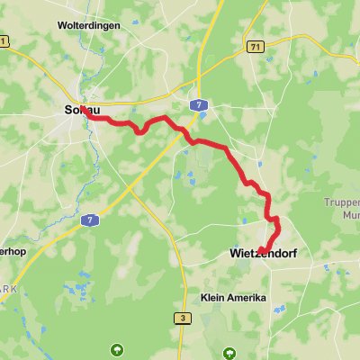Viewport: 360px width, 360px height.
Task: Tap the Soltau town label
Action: click(78, 110)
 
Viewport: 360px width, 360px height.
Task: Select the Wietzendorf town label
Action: click(258, 256)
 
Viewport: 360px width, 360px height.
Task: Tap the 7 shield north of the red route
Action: click(196, 105)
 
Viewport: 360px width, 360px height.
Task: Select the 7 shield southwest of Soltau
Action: click(88, 219)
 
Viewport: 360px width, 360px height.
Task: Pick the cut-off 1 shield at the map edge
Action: click(4, 41)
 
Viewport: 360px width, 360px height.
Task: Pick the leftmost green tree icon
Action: click(115, 348)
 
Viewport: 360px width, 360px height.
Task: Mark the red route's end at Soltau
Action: click(84, 110)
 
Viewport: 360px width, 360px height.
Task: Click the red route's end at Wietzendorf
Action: click(260, 250)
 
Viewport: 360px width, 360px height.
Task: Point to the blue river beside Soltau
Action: click(90, 126)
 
